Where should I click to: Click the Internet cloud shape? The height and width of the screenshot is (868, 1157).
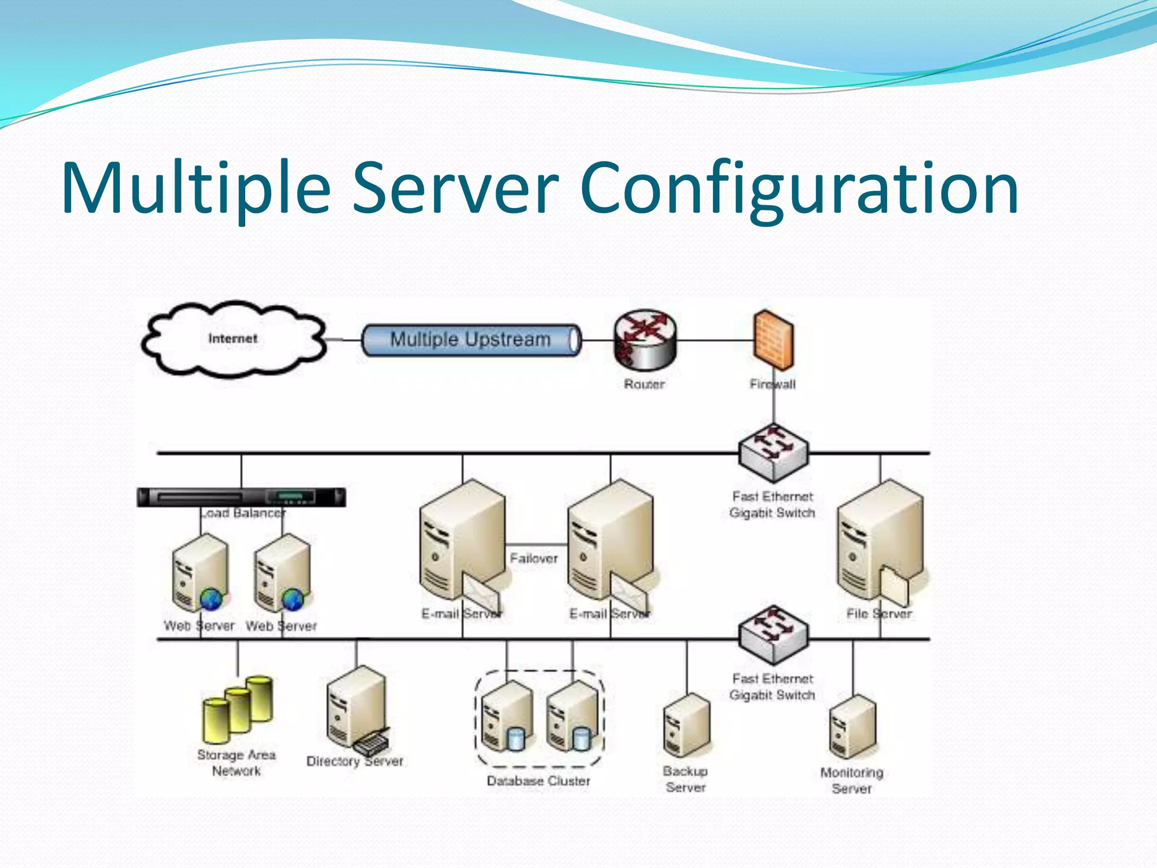click(x=233, y=339)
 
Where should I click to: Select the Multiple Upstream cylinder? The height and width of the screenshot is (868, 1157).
click(x=471, y=340)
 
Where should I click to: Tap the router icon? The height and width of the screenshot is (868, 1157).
click(x=645, y=340)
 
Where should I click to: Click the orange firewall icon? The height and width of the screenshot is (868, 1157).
click(x=773, y=340)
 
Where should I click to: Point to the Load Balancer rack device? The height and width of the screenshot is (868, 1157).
click(x=241, y=497)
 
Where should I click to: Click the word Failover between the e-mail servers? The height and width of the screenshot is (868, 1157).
click(x=533, y=558)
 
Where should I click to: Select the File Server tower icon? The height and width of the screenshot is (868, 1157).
click(x=879, y=542)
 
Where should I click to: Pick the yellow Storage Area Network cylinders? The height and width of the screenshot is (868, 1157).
click(x=238, y=709)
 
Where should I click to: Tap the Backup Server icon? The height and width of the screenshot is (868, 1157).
click(x=686, y=726)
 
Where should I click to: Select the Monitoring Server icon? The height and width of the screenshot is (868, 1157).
click(x=852, y=727)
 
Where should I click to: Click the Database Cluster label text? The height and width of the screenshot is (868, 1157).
click(x=538, y=781)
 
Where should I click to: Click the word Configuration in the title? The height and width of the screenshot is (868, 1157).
click(x=799, y=189)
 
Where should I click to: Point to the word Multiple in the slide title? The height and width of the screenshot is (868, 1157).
click(x=195, y=189)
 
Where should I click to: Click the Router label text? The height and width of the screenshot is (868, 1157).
click(x=644, y=384)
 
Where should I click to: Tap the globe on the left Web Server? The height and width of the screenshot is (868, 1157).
click(x=211, y=599)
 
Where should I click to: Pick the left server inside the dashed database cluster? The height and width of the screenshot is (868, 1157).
click(x=507, y=717)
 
